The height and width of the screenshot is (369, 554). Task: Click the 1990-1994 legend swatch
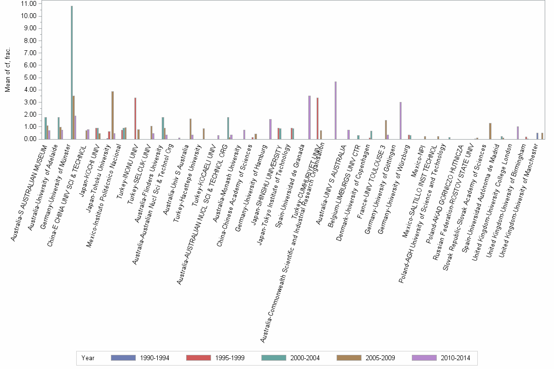pyautogui.click(x=123, y=358)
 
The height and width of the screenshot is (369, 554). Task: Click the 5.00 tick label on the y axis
pyautogui.click(x=29, y=77)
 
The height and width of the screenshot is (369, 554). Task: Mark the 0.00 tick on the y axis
pyautogui.click(x=29, y=139)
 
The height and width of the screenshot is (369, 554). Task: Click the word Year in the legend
pyautogui.click(x=88, y=358)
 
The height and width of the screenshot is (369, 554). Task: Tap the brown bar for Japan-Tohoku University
pyautogui.click(x=112, y=115)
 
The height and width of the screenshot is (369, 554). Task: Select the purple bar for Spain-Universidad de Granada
pyautogui.click(x=309, y=117)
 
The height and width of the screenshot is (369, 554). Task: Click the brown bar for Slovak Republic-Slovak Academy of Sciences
pyautogui.click(x=490, y=131)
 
